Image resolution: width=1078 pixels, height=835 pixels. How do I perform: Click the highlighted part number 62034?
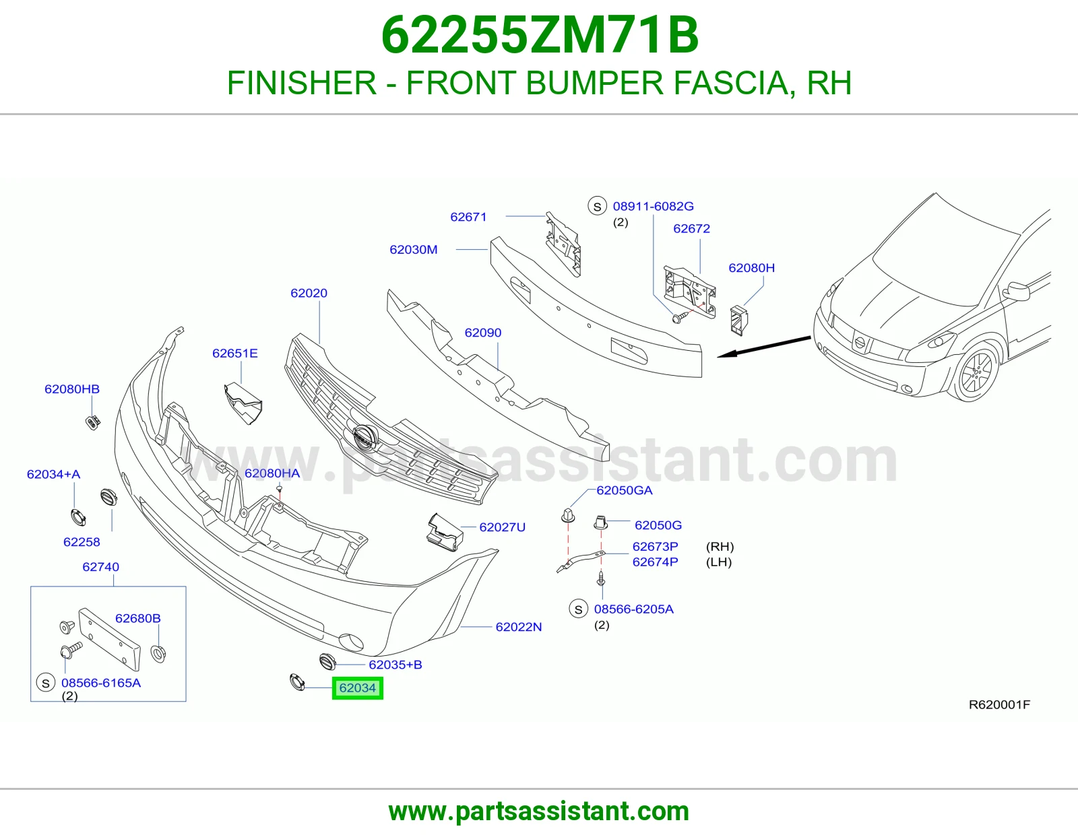pyautogui.click(x=357, y=688)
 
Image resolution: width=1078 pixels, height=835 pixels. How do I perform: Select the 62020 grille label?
pyautogui.click(x=309, y=293)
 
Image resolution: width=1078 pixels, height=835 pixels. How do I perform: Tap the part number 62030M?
pyautogui.click(x=413, y=249)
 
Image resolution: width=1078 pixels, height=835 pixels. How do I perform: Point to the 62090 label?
pyautogui.click(x=482, y=333)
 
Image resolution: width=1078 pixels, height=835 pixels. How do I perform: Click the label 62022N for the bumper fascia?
pyautogui.click(x=518, y=627)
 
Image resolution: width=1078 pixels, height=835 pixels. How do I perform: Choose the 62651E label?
pyautogui.click(x=234, y=353)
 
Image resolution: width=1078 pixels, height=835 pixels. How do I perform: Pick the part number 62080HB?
pyautogui.click(x=72, y=389)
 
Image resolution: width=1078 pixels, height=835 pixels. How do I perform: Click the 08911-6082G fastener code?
pyautogui.click(x=653, y=206)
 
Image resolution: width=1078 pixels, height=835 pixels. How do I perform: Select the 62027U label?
pyautogui.click(x=502, y=527)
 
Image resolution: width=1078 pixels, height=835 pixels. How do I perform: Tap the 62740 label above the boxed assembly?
pyautogui.click(x=100, y=567)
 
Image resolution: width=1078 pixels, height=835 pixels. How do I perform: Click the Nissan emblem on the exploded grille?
pyautogui.click(x=366, y=439)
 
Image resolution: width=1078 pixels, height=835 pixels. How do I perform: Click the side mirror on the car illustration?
pyautogui.click(x=1017, y=292)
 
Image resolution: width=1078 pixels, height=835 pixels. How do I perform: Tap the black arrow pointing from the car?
pyautogui.click(x=764, y=347)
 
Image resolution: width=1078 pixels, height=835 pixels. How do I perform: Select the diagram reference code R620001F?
pyautogui.click(x=999, y=704)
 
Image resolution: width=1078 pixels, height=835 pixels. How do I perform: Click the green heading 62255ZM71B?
pyautogui.click(x=540, y=35)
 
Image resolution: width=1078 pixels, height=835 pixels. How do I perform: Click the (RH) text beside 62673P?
pyautogui.click(x=720, y=546)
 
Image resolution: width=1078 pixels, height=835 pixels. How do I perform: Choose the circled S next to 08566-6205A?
pyautogui.click(x=579, y=609)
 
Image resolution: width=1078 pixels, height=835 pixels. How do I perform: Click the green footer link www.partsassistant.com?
pyautogui.click(x=539, y=811)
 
